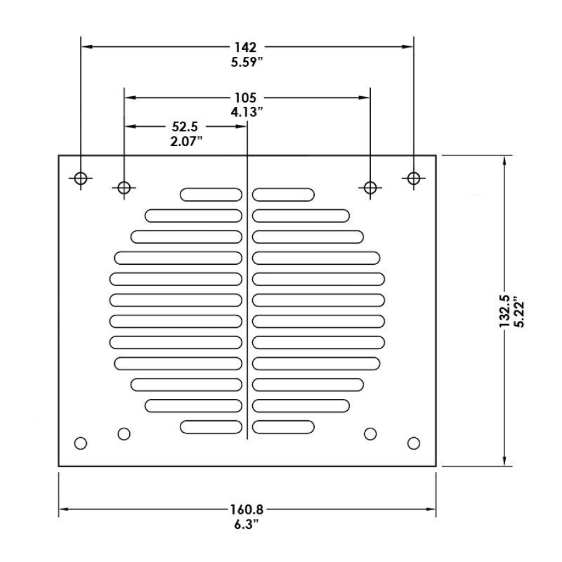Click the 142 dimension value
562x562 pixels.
pyautogui.click(x=246, y=47)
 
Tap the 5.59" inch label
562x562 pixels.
pyautogui.click(x=246, y=62)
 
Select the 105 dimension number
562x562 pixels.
pyautogui.click(x=246, y=97)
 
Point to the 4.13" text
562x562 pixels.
pyautogui.click(x=246, y=112)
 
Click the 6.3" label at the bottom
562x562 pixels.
pyautogui.click(x=246, y=525)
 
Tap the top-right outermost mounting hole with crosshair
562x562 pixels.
pyautogui.click(x=413, y=178)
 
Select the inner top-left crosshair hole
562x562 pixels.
pyautogui.click(x=124, y=187)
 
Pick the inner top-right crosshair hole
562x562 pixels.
pyautogui.click(x=370, y=187)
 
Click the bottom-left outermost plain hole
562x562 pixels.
pyautogui.click(x=80, y=443)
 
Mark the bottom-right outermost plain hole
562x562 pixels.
pyautogui.click(x=413, y=443)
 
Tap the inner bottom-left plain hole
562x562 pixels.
pyautogui.click(x=124, y=433)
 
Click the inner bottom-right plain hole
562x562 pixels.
pyautogui.click(x=370, y=433)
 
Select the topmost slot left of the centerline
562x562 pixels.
pyautogui.click(x=211, y=195)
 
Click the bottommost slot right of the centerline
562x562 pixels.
pyautogui.click(x=283, y=427)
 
